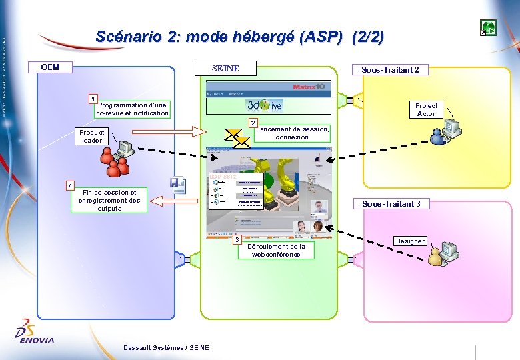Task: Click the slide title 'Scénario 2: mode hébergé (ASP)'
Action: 239,37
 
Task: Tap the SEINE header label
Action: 225,69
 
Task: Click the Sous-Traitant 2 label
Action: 390,69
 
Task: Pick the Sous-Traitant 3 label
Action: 391,204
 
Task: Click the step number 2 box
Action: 253,123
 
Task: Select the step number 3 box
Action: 237,239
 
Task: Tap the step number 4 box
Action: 69,185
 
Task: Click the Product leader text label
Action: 92,136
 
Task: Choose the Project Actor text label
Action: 426,109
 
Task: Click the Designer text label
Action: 409,241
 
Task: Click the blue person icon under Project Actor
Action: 439,137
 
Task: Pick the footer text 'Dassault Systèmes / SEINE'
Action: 166,347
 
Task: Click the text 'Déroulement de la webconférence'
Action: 276,250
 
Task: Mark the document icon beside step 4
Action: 178,185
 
